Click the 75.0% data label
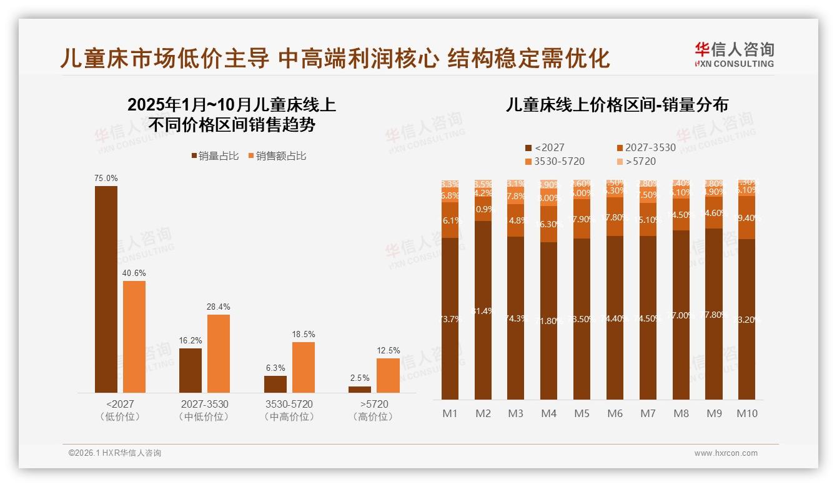106,178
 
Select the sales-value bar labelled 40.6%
134,337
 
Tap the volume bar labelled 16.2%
191,370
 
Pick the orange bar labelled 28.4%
219,353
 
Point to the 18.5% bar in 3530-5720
304,367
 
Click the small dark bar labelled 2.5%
360,390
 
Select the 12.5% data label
389,350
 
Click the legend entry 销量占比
214,156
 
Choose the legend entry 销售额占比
277,156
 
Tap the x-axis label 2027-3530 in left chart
204,405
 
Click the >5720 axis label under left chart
374,405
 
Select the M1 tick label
450,413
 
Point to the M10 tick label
747,413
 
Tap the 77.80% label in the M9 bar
713,315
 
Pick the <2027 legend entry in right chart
545,148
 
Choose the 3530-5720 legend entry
555,162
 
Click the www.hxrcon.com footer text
726,453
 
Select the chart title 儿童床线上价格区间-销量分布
617,105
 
